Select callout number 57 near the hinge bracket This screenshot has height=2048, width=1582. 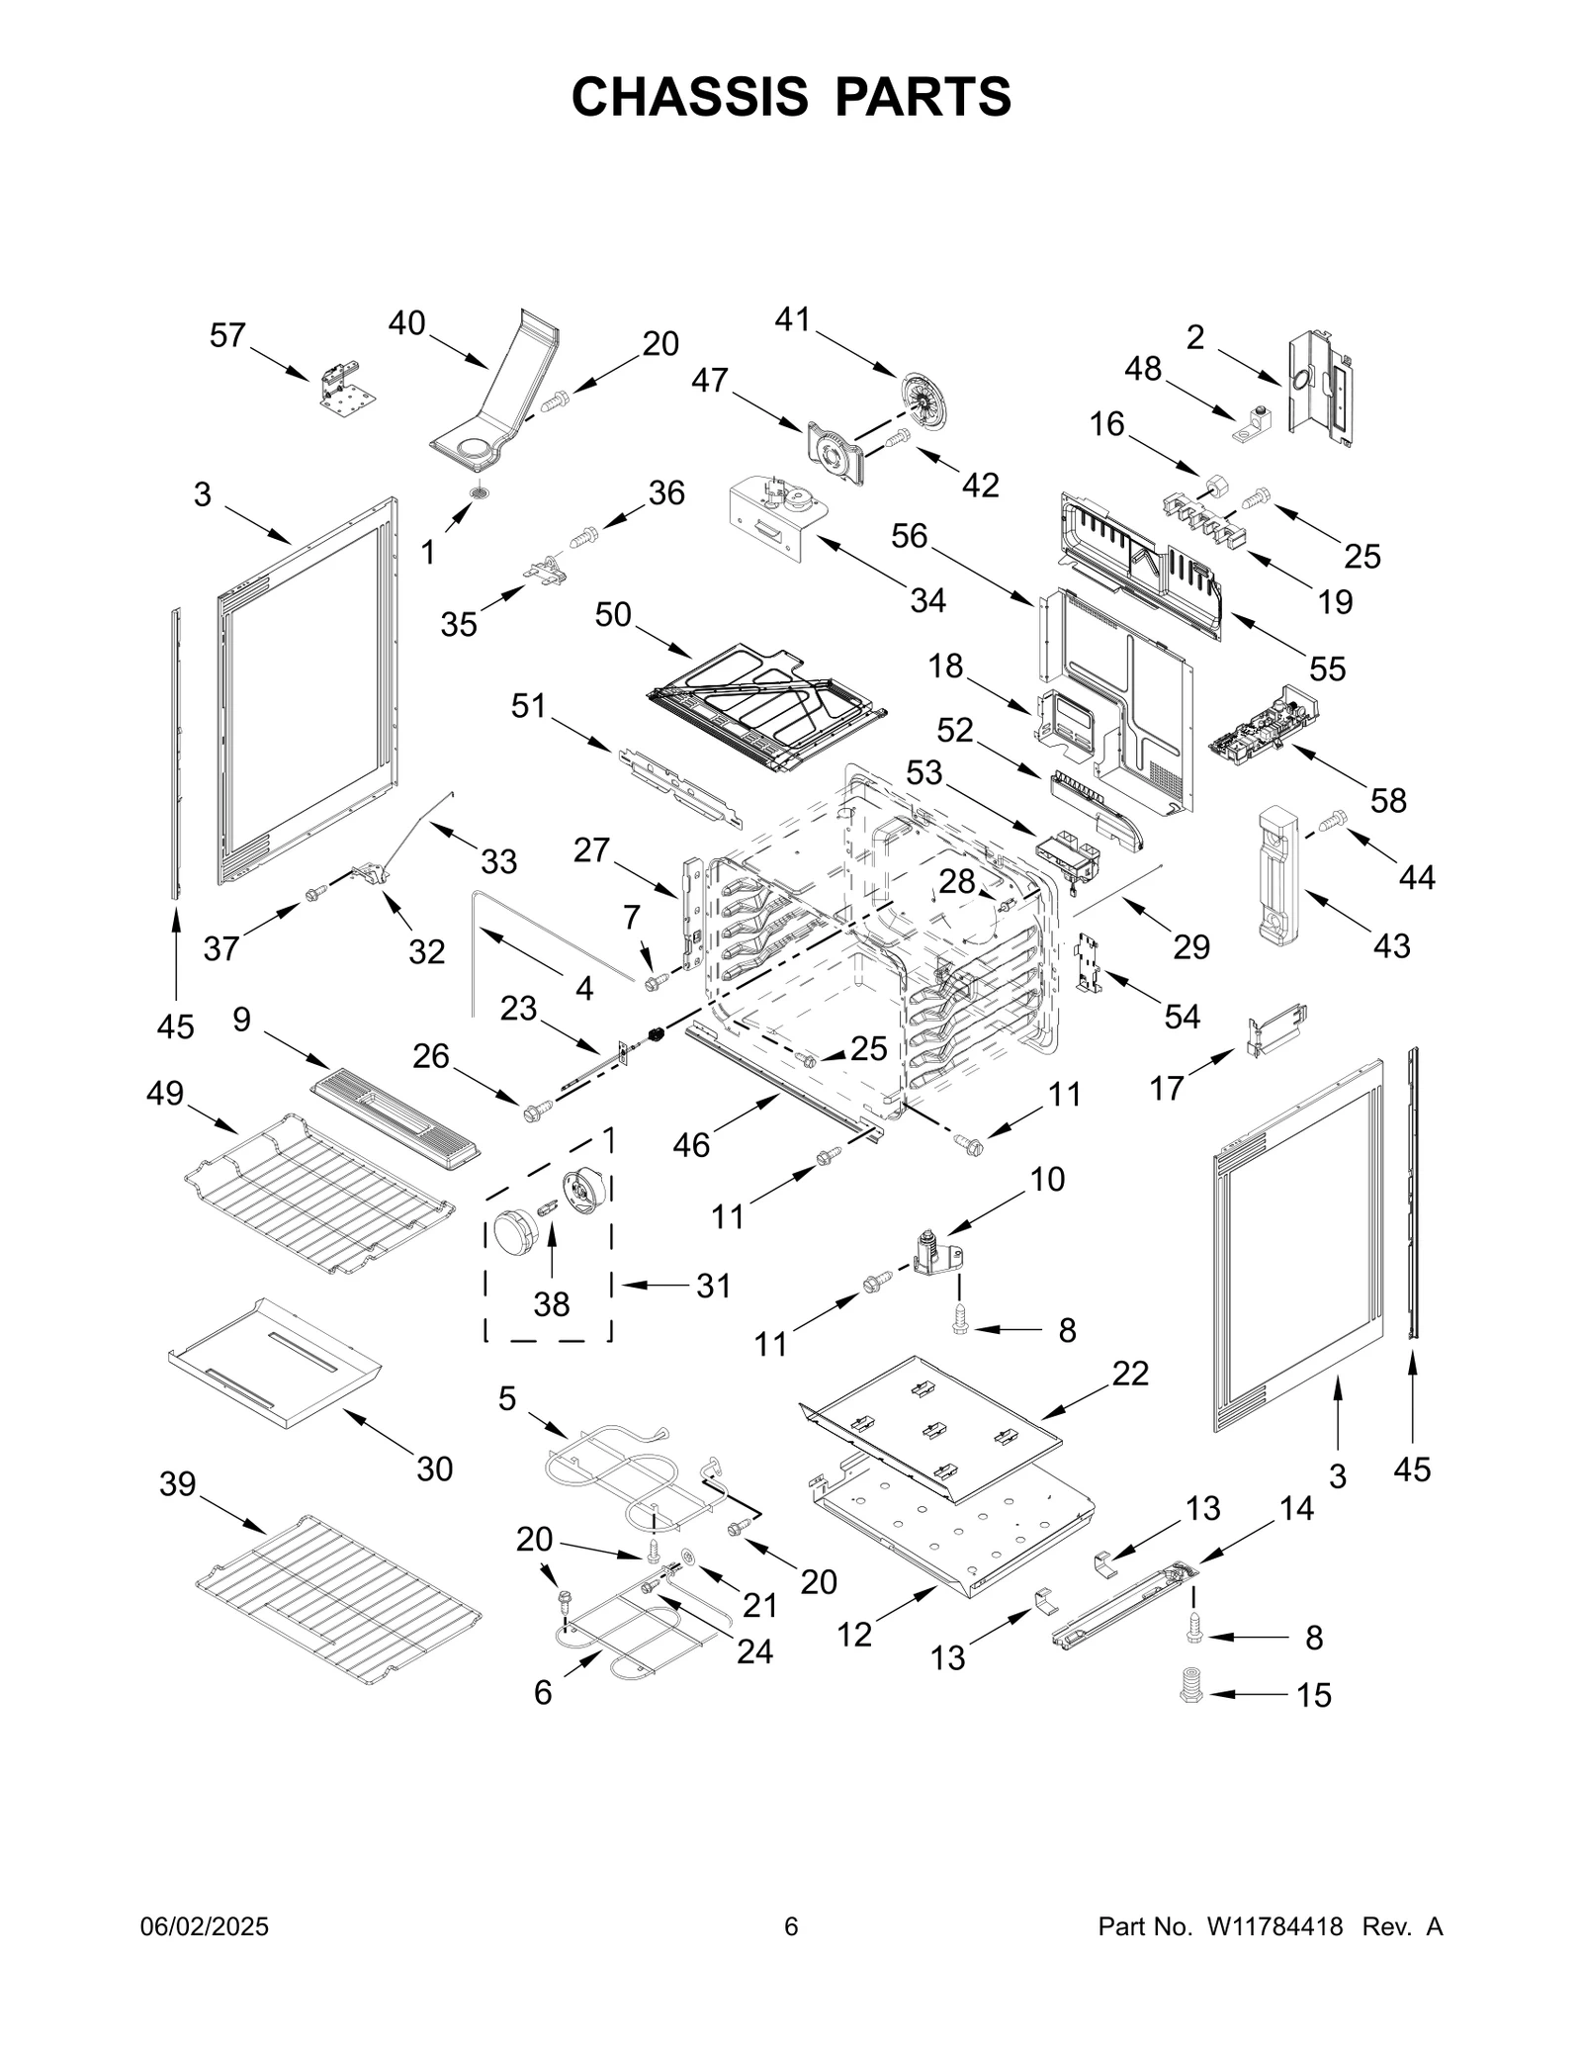click(x=227, y=336)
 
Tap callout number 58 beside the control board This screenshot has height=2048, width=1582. click(x=1387, y=800)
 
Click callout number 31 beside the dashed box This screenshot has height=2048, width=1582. click(x=713, y=1286)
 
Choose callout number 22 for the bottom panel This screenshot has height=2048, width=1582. click(x=1130, y=1374)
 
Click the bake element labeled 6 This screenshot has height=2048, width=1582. click(x=633, y=1637)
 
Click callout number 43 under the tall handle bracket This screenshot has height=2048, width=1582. click(x=1391, y=945)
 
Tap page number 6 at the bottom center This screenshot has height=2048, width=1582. click(x=790, y=1927)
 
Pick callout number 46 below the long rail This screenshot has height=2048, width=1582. click(x=691, y=1144)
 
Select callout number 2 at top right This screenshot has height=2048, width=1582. click(x=1195, y=338)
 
